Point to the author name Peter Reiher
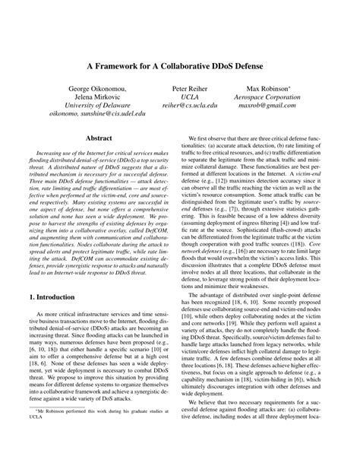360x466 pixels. click(186, 88)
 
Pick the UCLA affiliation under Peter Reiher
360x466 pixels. click(186, 98)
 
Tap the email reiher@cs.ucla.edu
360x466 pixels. click(186, 108)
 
